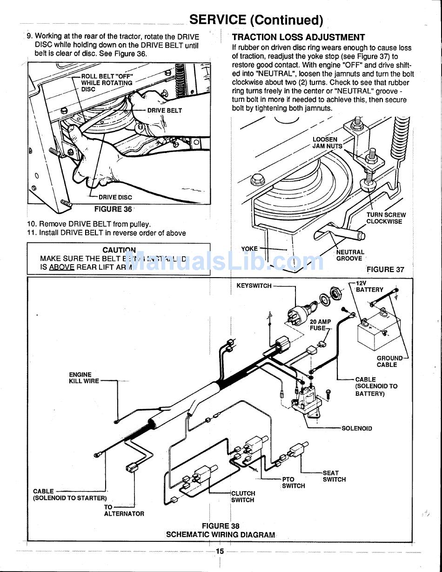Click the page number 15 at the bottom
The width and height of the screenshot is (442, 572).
[220, 551]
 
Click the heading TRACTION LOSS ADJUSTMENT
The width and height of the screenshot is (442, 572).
[298, 37]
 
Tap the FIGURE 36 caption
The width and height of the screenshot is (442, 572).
[113, 209]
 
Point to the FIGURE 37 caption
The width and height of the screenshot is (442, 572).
[385, 269]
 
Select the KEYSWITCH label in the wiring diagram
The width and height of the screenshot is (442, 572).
[254, 286]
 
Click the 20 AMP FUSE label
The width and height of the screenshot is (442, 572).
[320, 325]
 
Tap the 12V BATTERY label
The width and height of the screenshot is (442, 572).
[369, 286]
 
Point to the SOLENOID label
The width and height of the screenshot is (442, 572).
[357, 428]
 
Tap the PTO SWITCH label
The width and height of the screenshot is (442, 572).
[294, 482]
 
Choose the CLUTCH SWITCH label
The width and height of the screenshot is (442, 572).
[243, 497]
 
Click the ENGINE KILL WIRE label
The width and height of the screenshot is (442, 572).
[84, 378]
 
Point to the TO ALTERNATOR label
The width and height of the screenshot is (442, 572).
[124, 511]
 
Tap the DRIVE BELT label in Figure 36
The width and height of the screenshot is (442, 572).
[164, 110]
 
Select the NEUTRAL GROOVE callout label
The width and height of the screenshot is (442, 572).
[350, 255]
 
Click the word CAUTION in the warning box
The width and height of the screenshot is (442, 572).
[119, 250]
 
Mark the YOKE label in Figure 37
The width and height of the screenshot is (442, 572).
[249, 249]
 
